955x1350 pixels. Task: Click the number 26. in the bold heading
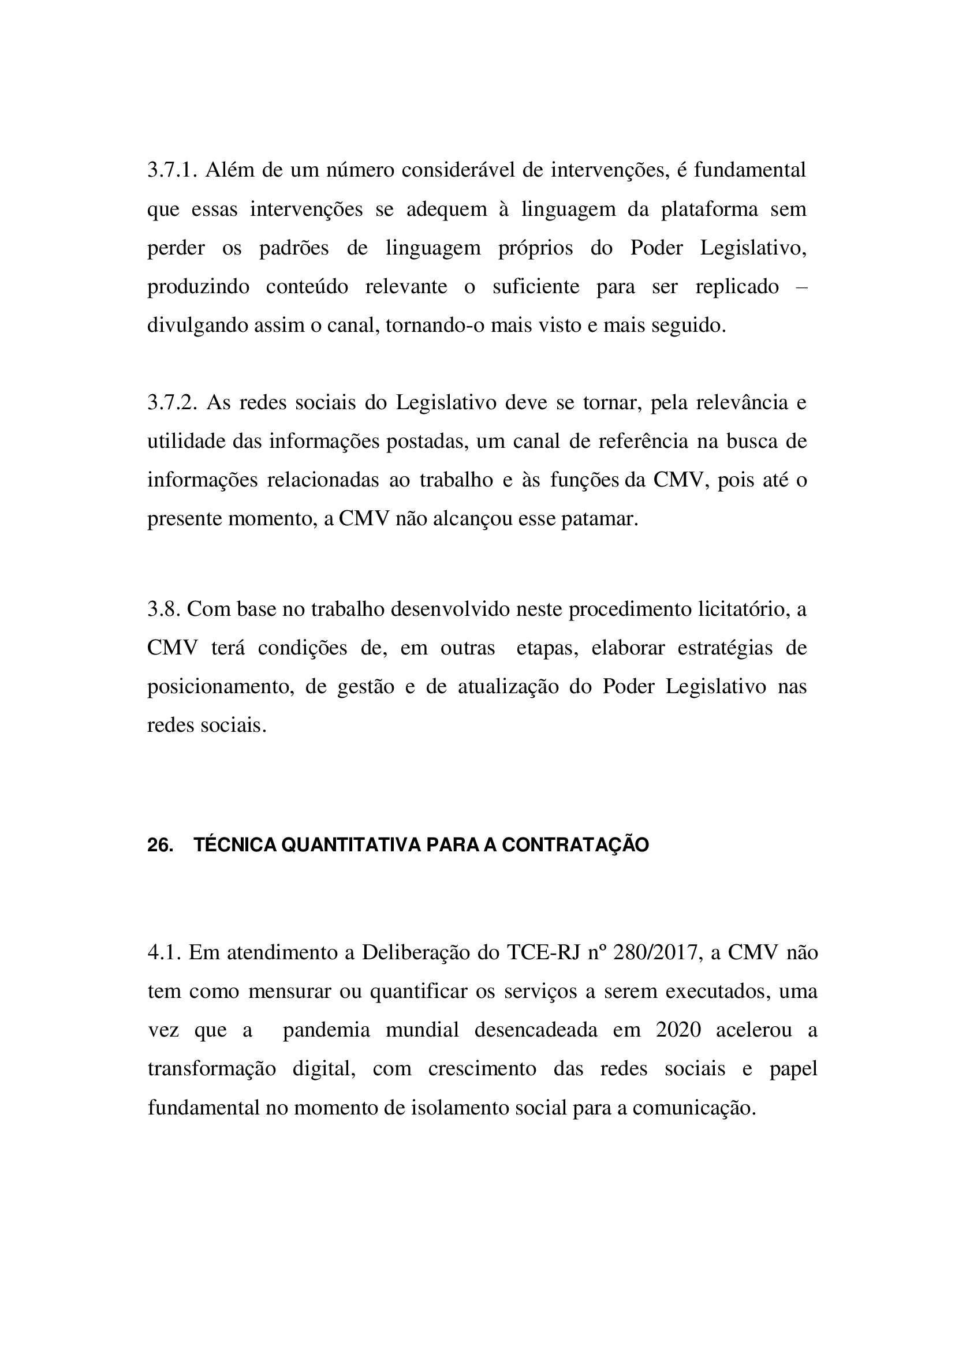(x=160, y=845)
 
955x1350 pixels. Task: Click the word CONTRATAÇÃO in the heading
(x=575, y=845)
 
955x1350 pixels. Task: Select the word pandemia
(x=326, y=1030)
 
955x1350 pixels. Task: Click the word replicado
(x=737, y=287)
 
